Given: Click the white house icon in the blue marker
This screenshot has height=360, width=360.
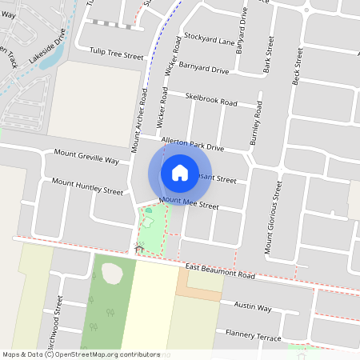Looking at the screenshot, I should (180, 172).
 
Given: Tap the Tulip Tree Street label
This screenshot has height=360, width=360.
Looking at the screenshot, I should (116, 55).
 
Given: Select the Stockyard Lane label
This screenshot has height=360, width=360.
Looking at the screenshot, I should (209, 38).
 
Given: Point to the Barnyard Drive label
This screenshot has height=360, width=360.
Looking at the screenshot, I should (203, 69).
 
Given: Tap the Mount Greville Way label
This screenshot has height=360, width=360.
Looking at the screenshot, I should (86, 156).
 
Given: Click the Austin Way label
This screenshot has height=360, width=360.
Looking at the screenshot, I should (252, 306).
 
